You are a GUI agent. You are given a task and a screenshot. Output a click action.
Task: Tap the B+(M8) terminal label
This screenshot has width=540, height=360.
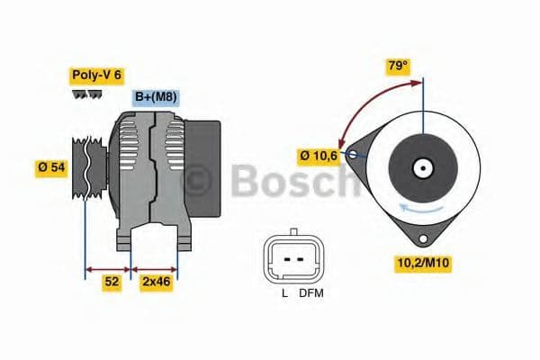(156, 97)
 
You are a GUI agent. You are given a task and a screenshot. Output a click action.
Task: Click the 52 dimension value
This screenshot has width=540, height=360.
(111, 282)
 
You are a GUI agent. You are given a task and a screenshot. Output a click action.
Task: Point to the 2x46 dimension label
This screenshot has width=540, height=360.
(157, 282)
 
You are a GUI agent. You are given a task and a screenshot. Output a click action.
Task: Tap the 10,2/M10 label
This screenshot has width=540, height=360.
(423, 264)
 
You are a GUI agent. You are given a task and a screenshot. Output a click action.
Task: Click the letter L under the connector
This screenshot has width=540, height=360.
(284, 293)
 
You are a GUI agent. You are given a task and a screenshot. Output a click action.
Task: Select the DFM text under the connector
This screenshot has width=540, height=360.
(311, 293)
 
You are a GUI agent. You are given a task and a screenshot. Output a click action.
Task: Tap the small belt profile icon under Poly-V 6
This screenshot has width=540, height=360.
(86, 94)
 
